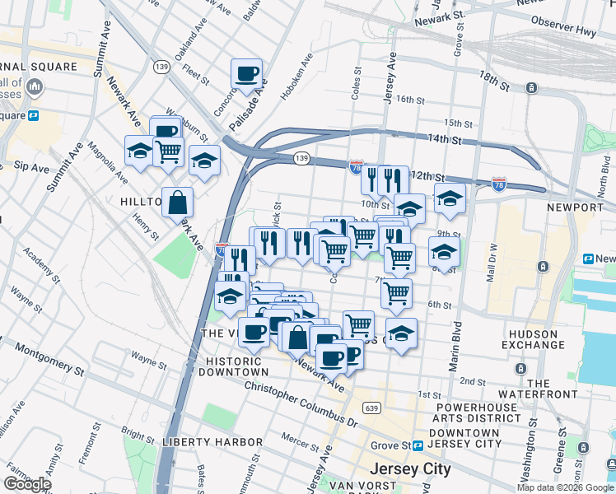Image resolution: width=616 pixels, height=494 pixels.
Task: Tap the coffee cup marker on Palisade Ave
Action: (246, 74)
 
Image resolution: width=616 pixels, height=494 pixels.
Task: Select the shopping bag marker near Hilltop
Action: (177, 201)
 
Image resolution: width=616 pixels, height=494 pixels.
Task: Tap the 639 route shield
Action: (372, 408)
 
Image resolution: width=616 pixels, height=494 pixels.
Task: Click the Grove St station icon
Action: (418, 445)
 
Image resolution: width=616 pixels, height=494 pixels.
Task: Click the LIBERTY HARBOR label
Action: (212, 442)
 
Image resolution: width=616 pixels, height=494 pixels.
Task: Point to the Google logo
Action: (28, 484)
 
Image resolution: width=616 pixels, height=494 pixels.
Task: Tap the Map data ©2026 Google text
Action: (565, 487)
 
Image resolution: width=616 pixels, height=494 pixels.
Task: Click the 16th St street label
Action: (409, 99)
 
